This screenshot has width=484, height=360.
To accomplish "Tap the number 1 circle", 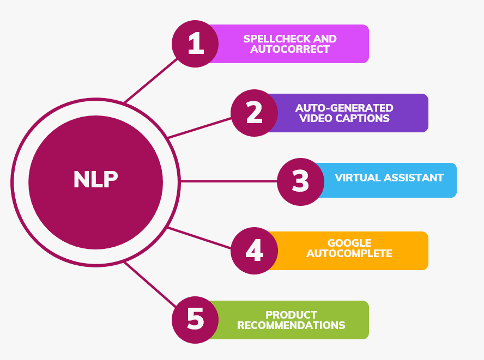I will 195,44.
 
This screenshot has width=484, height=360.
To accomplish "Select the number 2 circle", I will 254,113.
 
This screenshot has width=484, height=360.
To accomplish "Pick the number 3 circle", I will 300,181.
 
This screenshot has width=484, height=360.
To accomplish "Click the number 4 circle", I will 254,251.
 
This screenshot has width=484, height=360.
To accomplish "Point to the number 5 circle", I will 195,320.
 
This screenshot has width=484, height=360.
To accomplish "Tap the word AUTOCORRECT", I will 290,49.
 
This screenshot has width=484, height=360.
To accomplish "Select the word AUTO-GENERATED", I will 344,108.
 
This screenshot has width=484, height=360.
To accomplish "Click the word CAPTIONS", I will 364,118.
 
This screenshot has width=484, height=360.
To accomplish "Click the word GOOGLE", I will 349,243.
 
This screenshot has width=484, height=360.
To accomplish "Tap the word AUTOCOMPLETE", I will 349,253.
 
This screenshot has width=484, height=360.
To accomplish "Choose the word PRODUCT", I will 291,315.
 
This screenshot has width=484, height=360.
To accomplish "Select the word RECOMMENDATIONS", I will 291,325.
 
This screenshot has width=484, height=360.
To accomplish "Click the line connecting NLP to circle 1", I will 151,80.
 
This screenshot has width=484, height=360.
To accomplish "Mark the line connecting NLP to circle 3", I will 229,181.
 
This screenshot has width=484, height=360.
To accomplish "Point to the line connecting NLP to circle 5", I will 151,284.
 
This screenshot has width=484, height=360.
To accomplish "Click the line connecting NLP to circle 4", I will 199,239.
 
